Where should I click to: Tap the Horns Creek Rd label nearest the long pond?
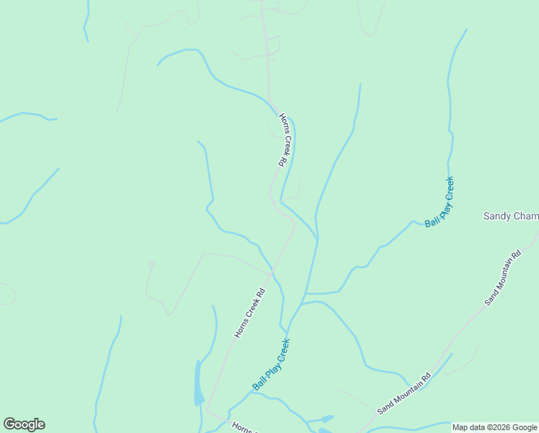(250, 313)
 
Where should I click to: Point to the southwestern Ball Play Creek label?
(270, 364)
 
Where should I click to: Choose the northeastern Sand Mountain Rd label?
(503, 278)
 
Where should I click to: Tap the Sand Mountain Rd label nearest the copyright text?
(404, 393)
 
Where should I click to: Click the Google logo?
(24, 424)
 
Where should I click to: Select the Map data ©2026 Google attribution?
(495, 427)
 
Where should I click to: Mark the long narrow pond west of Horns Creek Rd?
(198, 382)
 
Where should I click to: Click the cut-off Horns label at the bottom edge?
(241, 427)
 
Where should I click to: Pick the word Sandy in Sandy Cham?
(496, 216)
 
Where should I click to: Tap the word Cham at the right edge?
(526, 216)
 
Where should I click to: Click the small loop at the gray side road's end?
(151, 265)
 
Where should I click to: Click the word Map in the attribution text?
(460, 427)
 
